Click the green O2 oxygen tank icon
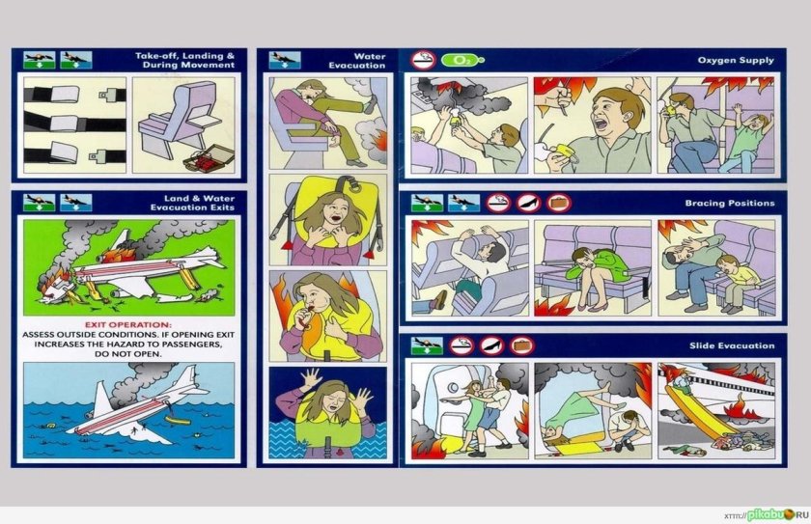click(462, 60)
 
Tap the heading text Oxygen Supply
click(736, 60)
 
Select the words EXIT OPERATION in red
click(127, 324)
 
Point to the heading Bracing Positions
click(730, 203)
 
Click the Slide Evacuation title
click(732, 345)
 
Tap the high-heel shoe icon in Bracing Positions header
click(529, 203)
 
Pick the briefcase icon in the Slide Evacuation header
click(521, 345)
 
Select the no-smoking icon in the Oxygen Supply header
click(424, 60)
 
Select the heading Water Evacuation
click(357, 61)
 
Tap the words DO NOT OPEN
click(127, 354)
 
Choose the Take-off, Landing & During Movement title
click(184, 60)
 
